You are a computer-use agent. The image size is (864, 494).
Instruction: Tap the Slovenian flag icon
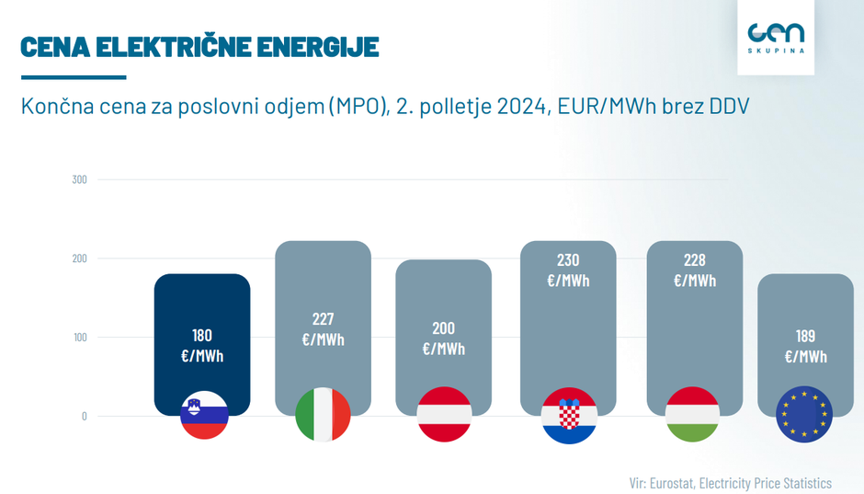(x=203, y=415)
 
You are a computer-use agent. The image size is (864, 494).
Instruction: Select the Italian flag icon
(x=323, y=415)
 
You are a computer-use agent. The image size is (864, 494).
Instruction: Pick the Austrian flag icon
(x=444, y=415)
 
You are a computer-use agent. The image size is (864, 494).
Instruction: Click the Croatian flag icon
(x=569, y=415)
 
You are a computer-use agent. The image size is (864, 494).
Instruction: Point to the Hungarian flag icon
(x=694, y=415)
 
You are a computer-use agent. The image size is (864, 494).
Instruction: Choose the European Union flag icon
(x=804, y=415)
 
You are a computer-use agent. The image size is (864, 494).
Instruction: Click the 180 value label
(x=202, y=336)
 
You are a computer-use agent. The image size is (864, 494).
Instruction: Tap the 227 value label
(x=323, y=319)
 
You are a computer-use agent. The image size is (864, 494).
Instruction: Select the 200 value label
(x=443, y=328)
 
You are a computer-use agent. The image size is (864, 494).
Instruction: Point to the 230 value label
(x=568, y=260)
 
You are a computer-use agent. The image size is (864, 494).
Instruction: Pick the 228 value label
(x=695, y=260)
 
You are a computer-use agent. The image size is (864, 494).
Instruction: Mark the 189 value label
(x=805, y=336)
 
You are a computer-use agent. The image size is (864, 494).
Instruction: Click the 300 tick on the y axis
(x=79, y=179)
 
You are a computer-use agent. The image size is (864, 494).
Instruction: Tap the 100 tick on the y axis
(x=79, y=338)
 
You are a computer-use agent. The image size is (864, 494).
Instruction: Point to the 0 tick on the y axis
(x=84, y=416)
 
